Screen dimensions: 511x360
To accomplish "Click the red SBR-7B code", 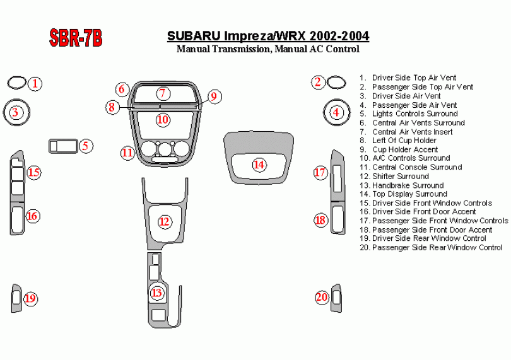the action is point(76,37).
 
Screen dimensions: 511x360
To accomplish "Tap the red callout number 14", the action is point(259,165).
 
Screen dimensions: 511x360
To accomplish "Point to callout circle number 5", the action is point(85,146).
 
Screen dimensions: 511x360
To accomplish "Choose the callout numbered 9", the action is point(214,96).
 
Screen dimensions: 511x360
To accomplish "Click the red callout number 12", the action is point(164,222).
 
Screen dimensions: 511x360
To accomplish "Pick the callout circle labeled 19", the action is point(30,298).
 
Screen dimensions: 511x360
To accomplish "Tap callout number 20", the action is point(322,297).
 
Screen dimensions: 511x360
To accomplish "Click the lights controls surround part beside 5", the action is point(63,146).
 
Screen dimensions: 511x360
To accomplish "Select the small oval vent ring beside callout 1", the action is point(16,83).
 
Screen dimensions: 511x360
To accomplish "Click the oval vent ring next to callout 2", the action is point(336,83).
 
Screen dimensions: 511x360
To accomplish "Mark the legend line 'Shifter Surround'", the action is point(394,177).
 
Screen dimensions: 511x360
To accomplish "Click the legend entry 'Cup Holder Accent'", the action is point(399,149).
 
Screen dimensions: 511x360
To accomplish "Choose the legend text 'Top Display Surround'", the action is point(404,194).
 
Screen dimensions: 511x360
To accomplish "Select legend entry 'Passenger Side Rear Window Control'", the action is point(431,248).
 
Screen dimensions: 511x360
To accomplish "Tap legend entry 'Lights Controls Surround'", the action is point(409,113).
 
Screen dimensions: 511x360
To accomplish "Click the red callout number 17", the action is point(320,172).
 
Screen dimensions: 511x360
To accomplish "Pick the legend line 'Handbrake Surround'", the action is point(402,185).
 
